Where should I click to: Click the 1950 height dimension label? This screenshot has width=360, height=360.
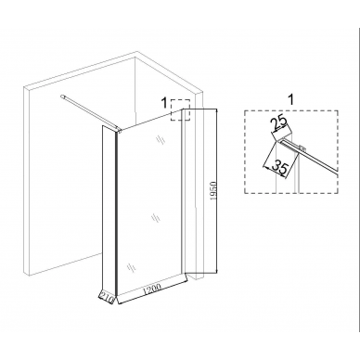[214, 191]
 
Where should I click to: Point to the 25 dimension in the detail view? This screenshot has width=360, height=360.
[280, 124]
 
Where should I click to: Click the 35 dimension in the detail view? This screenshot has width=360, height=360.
[280, 167]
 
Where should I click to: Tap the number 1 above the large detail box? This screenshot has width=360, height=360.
[290, 100]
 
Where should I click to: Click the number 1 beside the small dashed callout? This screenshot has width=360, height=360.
[165, 102]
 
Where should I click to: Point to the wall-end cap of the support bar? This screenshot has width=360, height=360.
[63, 96]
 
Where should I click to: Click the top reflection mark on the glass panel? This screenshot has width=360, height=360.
[160, 139]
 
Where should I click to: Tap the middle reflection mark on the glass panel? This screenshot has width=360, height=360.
[156, 218]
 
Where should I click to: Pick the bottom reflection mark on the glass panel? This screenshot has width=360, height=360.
[131, 267]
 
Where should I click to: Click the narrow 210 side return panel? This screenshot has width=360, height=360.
[109, 210]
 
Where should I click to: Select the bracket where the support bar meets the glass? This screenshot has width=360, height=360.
[118, 130]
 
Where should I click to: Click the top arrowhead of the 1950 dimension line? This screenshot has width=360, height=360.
[215, 110]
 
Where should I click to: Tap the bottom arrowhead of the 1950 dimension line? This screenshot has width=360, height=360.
[215, 271]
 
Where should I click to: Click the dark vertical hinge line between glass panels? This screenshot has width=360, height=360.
[116, 213]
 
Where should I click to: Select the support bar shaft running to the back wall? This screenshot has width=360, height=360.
[89, 112]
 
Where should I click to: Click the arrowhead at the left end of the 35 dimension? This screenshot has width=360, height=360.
[264, 167]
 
